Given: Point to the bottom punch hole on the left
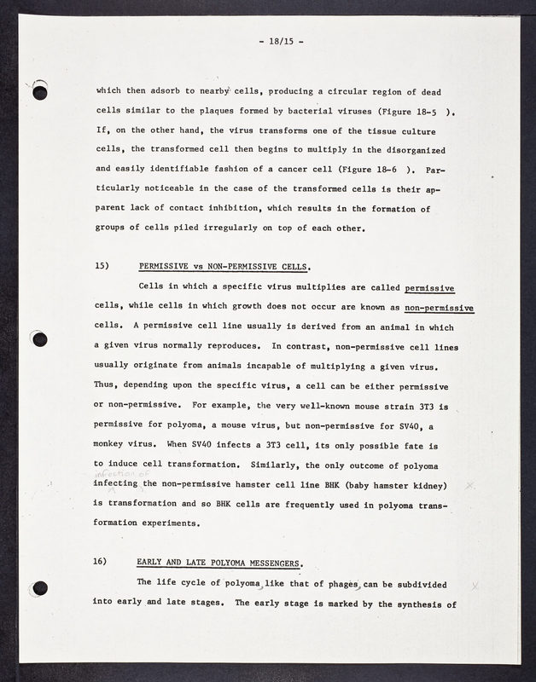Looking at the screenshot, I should click(39, 587).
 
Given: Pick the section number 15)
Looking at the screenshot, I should click(102, 266).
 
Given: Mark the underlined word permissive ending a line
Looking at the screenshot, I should click(441, 288).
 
